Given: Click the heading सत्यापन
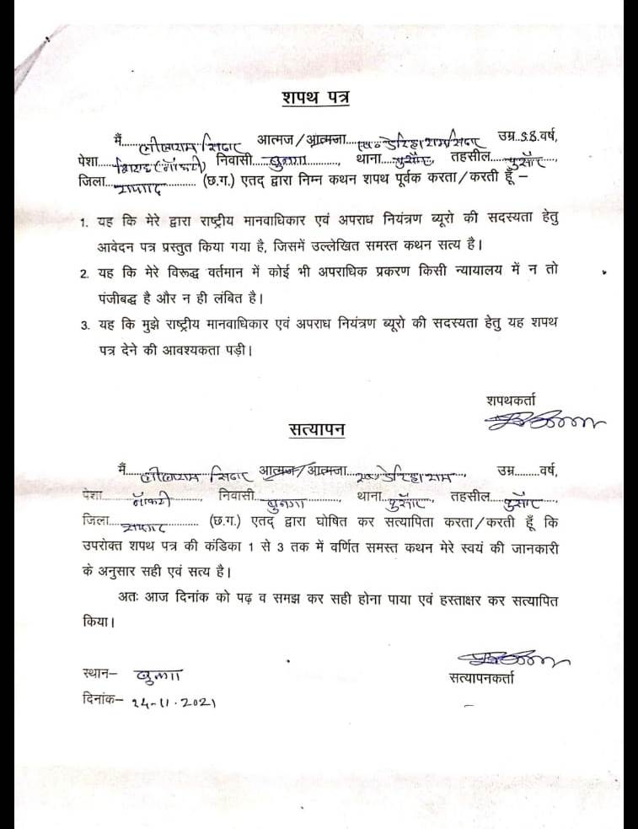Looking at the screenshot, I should click(x=314, y=428).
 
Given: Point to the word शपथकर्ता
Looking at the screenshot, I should click(x=510, y=400).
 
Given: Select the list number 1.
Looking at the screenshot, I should click(x=84, y=224).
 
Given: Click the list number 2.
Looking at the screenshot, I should click(x=84, y=274).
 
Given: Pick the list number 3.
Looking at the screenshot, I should click(x=84, y=325).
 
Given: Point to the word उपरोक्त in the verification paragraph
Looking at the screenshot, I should click(x=107, y=546).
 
